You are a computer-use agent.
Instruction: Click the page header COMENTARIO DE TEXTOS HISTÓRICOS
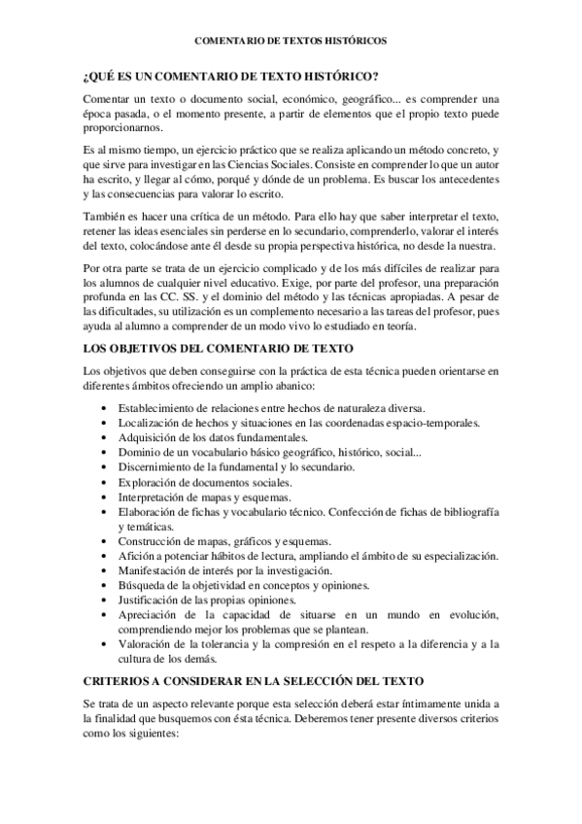(x=291, y=42)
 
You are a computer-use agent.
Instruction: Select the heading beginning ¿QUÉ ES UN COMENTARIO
(x=231, y=77)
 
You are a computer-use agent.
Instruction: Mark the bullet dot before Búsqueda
(x=105, y=585)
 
